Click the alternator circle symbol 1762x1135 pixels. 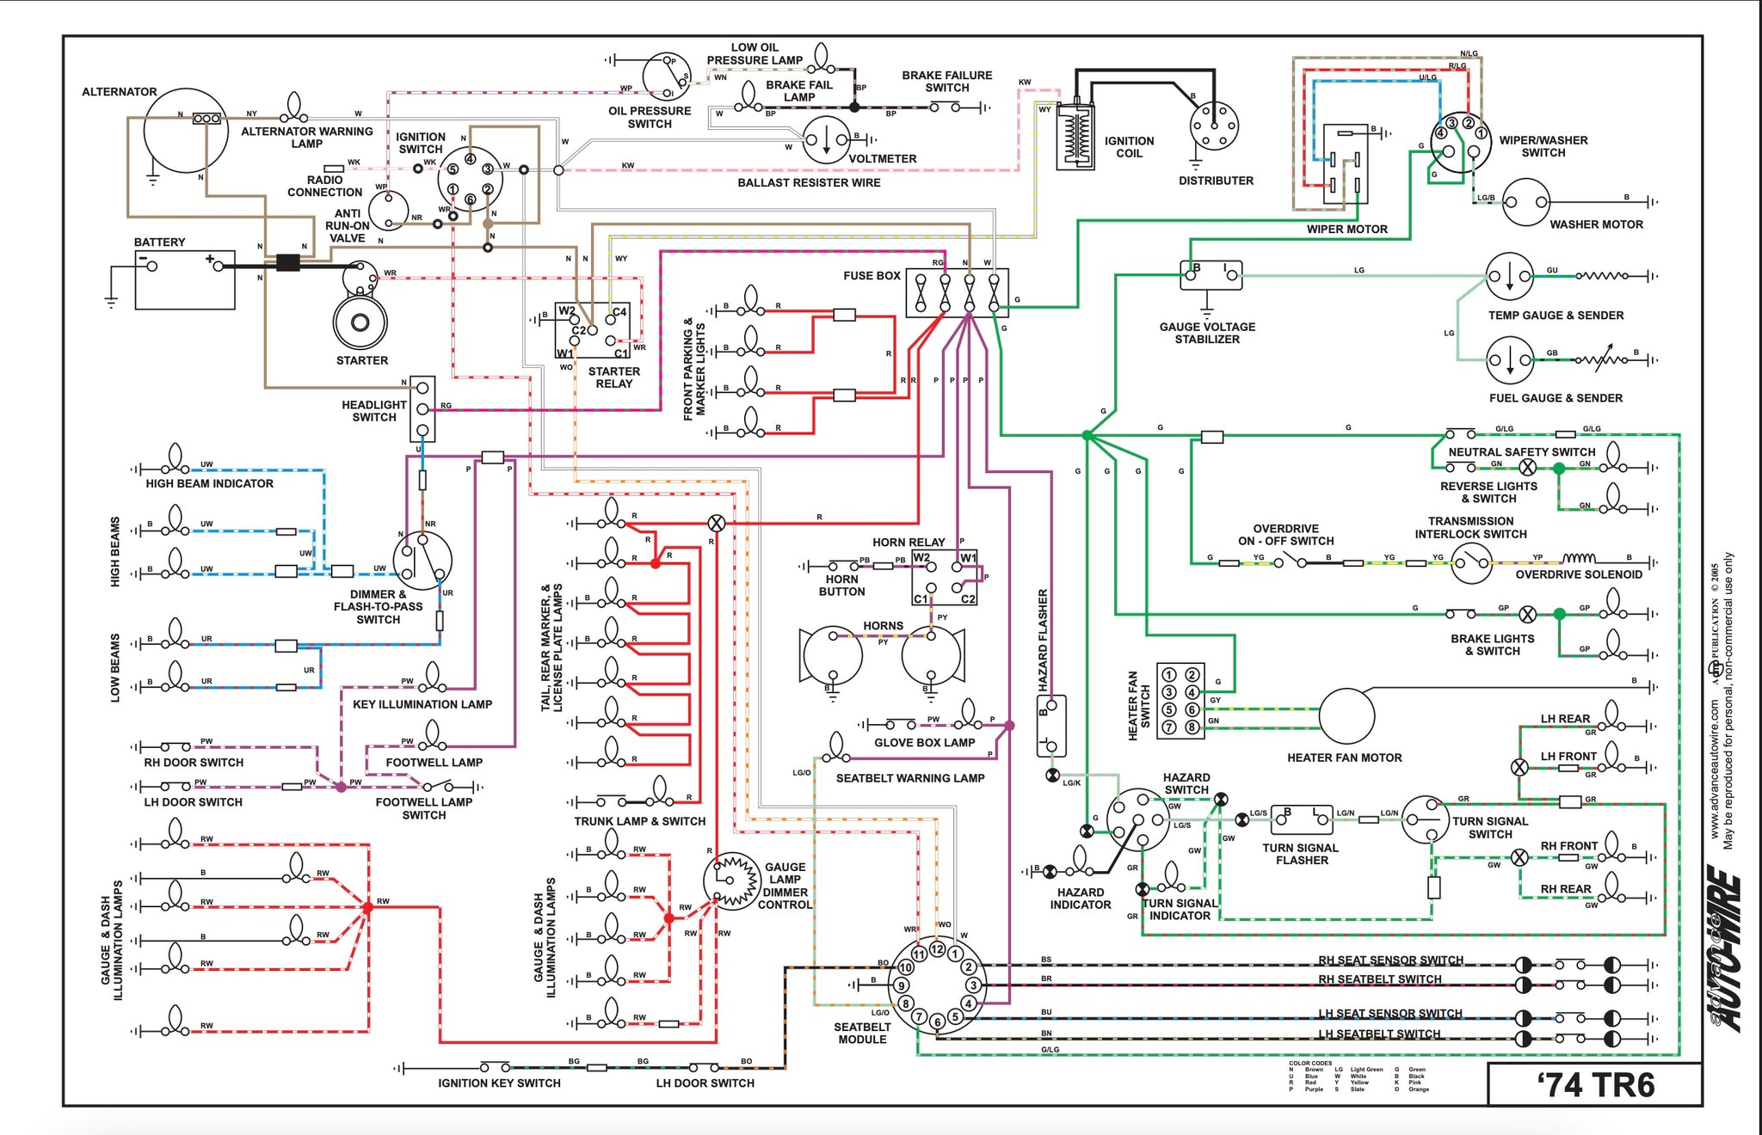click(185, 131)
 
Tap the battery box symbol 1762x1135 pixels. click(185, 280)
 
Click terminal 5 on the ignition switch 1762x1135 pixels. click(453, 169)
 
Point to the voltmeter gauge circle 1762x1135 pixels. click(826, 140)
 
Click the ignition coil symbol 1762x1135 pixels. click(1075, 138)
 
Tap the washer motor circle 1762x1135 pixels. click(1525, 203)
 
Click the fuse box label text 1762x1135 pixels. click(872, 276)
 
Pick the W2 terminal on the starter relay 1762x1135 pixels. click(567, 311)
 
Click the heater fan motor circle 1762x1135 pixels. click(1346, 715)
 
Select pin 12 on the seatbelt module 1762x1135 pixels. click(937, 949)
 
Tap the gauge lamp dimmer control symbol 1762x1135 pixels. click(732, 880)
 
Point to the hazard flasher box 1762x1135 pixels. click(1051, 726)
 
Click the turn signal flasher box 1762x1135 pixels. click(1302, 820)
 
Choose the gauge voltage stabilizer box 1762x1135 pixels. click(1211, 275)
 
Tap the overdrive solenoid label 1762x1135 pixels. click(1578, 574)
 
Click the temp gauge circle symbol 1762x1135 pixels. click(1510, 277)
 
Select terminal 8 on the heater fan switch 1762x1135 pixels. click(1192, 727)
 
